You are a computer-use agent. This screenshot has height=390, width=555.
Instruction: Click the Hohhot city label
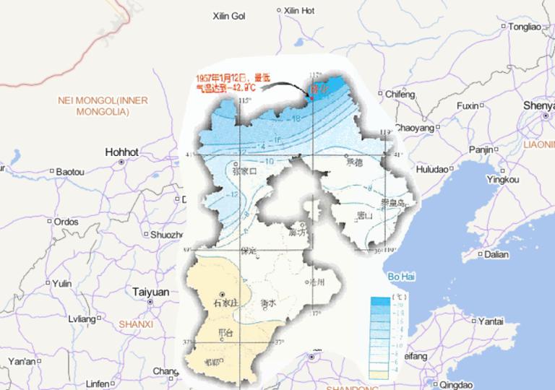point(121,152)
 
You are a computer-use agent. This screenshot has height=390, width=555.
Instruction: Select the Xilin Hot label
point(299,11)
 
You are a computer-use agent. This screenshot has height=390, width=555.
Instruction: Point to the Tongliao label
point(525,27)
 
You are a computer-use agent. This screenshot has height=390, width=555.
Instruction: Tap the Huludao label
point(432,169)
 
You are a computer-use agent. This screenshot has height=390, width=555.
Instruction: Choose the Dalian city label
point(496,254)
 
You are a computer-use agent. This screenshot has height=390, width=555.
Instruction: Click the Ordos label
point(66,222)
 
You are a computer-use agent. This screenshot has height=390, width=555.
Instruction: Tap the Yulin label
point(63,284)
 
